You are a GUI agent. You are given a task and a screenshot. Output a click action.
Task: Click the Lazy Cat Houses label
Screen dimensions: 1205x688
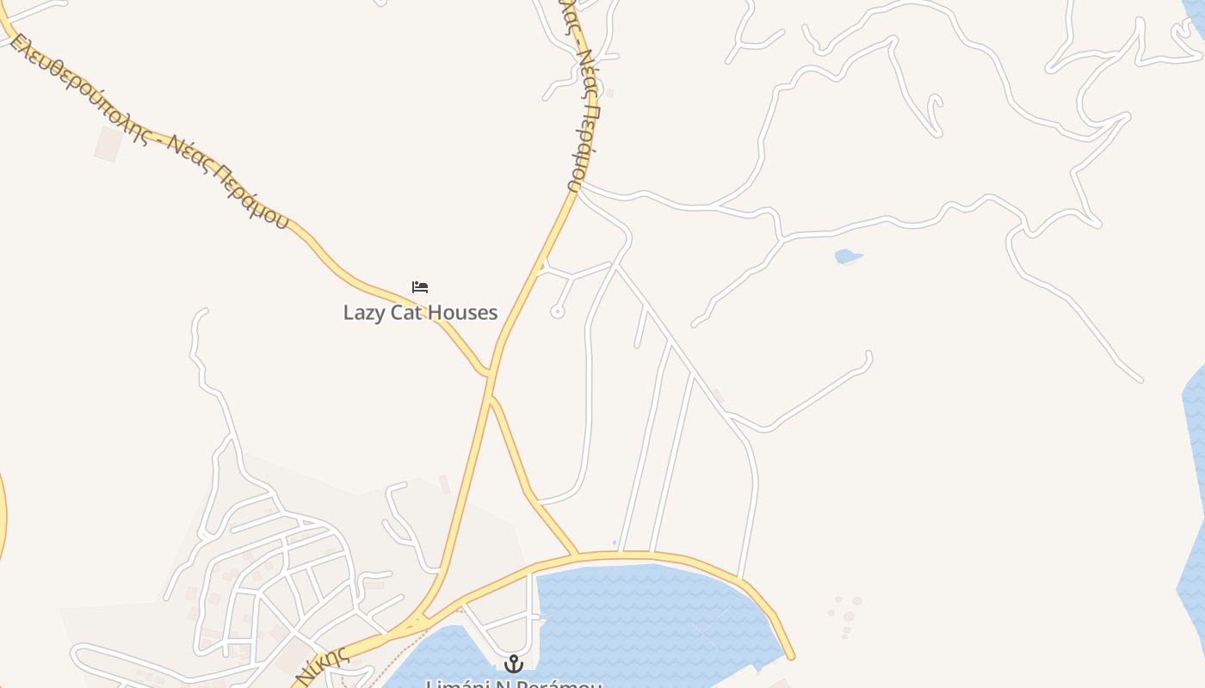[420, 312]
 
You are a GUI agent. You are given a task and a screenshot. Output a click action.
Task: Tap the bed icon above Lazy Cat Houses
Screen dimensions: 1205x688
[420, 287]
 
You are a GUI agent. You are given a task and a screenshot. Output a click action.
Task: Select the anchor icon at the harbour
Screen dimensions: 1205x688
[514, 663]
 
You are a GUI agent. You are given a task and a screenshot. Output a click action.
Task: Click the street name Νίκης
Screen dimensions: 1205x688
[323, 665]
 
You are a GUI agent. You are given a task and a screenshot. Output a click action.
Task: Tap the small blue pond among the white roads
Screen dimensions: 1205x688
[847, 256]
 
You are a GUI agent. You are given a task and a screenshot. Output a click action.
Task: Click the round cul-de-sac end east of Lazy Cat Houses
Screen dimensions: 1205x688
[558, 312]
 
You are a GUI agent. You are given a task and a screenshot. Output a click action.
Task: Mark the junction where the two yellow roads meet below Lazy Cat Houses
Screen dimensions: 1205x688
[490, 375]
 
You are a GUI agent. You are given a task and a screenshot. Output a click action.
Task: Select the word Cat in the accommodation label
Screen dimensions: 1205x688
[406, 312]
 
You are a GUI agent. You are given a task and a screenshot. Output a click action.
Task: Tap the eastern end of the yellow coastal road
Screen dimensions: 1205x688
[789, 655]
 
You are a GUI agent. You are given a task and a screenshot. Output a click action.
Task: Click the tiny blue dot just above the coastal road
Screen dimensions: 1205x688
[615, 543]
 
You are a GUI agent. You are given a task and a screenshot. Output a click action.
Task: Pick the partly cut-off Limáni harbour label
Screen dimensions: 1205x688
[514, 684]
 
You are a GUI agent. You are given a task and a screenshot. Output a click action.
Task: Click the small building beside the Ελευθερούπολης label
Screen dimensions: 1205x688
[108, 144]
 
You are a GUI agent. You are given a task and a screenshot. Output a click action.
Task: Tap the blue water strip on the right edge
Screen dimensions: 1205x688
[1195, 482]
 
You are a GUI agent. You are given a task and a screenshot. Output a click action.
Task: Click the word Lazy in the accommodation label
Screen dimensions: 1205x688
[362, 312]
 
